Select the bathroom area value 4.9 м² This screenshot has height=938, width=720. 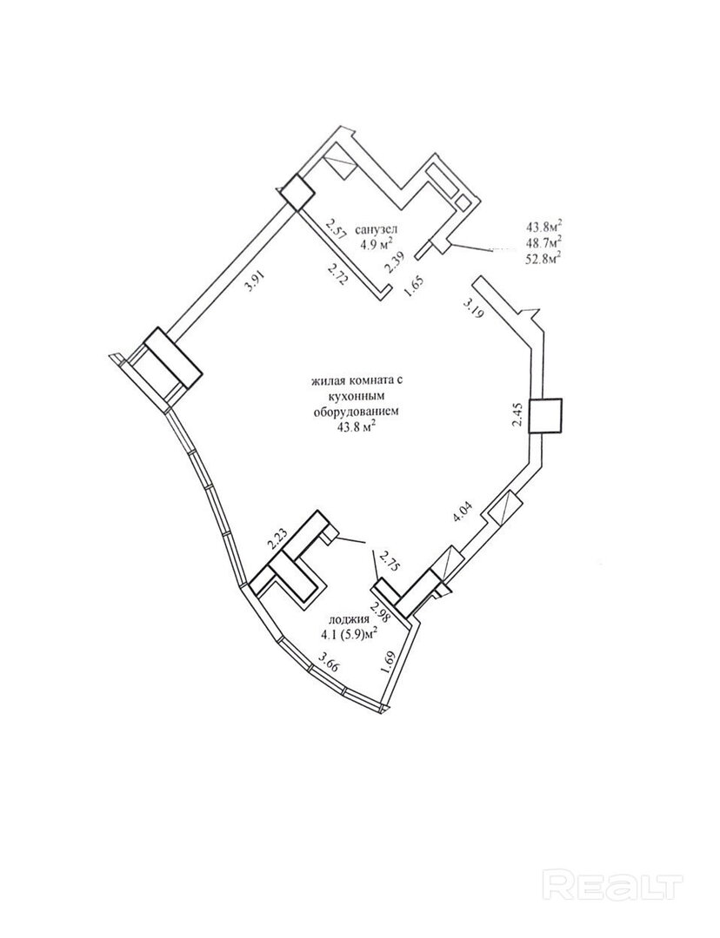[377, 242]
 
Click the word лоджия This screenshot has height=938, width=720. [344, 621]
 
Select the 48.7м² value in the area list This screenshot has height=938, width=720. [543, 241]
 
